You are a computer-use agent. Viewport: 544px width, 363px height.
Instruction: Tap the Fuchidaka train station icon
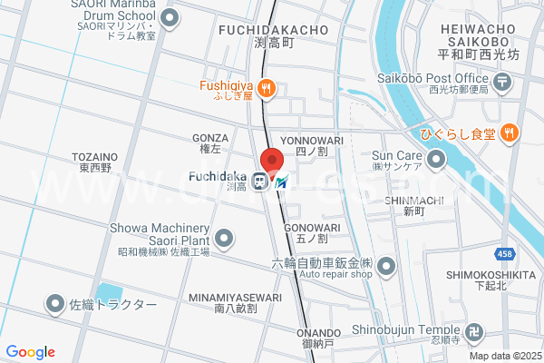pos(260,181)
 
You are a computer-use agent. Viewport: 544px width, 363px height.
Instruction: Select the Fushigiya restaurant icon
pos(266,88)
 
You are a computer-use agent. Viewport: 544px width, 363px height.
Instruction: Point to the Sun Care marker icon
pos(437,162)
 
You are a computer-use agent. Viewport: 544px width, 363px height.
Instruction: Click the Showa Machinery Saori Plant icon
pos(225,239)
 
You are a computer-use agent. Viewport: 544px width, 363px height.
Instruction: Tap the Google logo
pos(31,352)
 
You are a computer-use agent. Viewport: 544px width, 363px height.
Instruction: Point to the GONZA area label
pos(210,138)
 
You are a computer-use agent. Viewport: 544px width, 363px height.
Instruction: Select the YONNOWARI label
pos(310,140)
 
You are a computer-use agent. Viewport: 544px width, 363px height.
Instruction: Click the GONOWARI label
pos(311,227)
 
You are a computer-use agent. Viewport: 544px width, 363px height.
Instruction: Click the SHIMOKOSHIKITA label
pos(489,274)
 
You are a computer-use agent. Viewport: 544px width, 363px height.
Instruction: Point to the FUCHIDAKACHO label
pos(273,30)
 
